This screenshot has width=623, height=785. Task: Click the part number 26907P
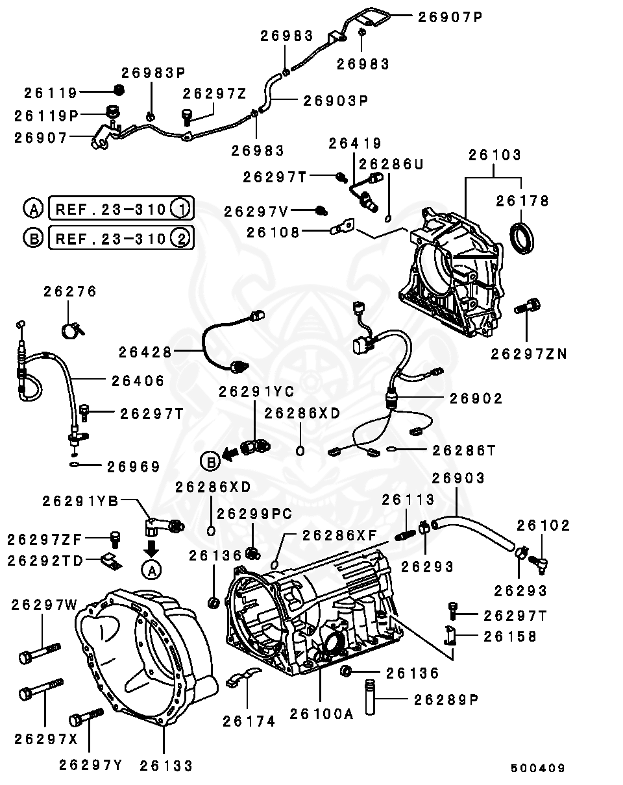450,18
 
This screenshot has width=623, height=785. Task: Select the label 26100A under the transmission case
321,714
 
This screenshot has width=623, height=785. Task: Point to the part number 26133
166,766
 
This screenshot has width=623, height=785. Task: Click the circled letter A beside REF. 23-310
33,209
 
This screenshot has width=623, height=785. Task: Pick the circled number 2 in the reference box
181,238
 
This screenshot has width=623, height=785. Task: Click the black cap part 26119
119,90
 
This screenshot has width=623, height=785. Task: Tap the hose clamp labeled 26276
73,330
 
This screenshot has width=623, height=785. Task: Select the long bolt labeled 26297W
39,652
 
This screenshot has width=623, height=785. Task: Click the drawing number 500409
537,768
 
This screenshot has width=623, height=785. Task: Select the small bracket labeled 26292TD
113,561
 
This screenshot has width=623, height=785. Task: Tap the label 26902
476,398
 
